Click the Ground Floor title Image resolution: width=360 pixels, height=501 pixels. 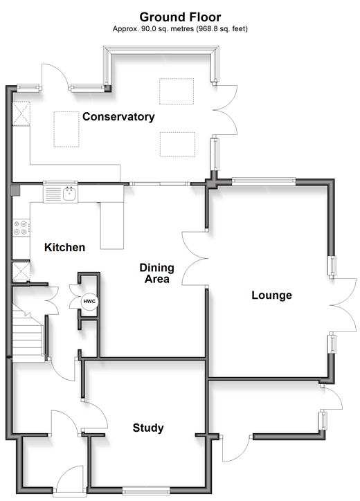tap(180, 17)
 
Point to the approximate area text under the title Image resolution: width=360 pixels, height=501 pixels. tap(180, 29)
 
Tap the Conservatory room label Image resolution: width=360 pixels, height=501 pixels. tap(118, 117)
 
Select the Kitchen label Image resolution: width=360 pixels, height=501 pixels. tap(64, 247)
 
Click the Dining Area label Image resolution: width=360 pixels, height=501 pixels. tap(156, 273)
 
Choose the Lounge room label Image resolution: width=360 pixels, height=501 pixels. tap(271, 295)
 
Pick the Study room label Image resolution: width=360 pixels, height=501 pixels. tap(148, 428)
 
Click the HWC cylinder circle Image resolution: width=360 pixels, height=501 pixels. tap(89, 301)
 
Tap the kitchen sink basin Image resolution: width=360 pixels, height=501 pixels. tap(69, 194)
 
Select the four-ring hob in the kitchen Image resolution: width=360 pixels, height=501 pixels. tap(21, 228)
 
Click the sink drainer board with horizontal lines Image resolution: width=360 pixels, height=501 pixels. tap(53, 194)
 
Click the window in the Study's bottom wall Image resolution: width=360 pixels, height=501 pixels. tap(146, 491)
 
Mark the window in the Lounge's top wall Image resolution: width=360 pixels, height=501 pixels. tap(264, 181)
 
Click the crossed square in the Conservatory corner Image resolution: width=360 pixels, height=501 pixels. tap(21, 113)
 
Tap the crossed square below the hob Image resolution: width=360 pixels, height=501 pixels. tap(21, 271)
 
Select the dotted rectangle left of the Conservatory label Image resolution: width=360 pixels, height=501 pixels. tap(66, 129)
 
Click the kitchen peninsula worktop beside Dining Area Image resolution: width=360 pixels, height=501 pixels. tap(112, 226)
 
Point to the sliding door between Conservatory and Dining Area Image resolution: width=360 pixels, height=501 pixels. tap(160, 183)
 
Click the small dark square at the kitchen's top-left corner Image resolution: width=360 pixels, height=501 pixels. tap(15, 190)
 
